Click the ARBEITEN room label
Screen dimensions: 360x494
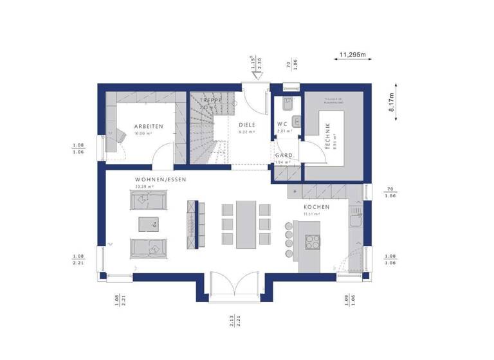pyautogui.click(x=149, y=127)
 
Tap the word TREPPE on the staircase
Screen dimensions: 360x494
pyautogui.click(x=210, y=101)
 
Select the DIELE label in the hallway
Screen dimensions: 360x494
pyautogui.click(x=247, y=125)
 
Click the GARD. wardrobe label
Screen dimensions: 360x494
pyautogui.click(x=284, y=156)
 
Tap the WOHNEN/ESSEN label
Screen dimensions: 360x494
pyautogui.click(x=160, y=180)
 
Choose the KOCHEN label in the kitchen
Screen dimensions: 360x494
pyautogui.click(x=317, y=207)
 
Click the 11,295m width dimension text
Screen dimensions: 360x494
pyautogui.click(x=352, y=55)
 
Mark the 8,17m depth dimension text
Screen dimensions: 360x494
pyautogui.click(x=392, y=101)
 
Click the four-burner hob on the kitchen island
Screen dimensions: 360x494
pyautogui.click(x=313, y=243)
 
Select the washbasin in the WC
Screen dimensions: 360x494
pyautogui.click(x=296, y=120)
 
